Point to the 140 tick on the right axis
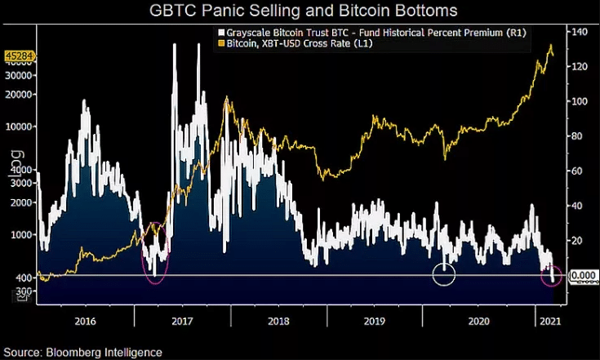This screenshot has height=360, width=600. tap(580, 32)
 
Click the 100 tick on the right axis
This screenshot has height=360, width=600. tap(580, 101)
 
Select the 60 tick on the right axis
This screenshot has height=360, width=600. tap(579, 171)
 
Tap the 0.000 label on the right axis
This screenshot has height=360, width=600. tap(582, 276)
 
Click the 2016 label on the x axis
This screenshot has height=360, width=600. tap(85, 322)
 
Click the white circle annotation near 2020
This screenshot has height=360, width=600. tap(443, 274)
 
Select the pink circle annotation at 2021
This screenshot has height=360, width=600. tap(553, 276)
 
